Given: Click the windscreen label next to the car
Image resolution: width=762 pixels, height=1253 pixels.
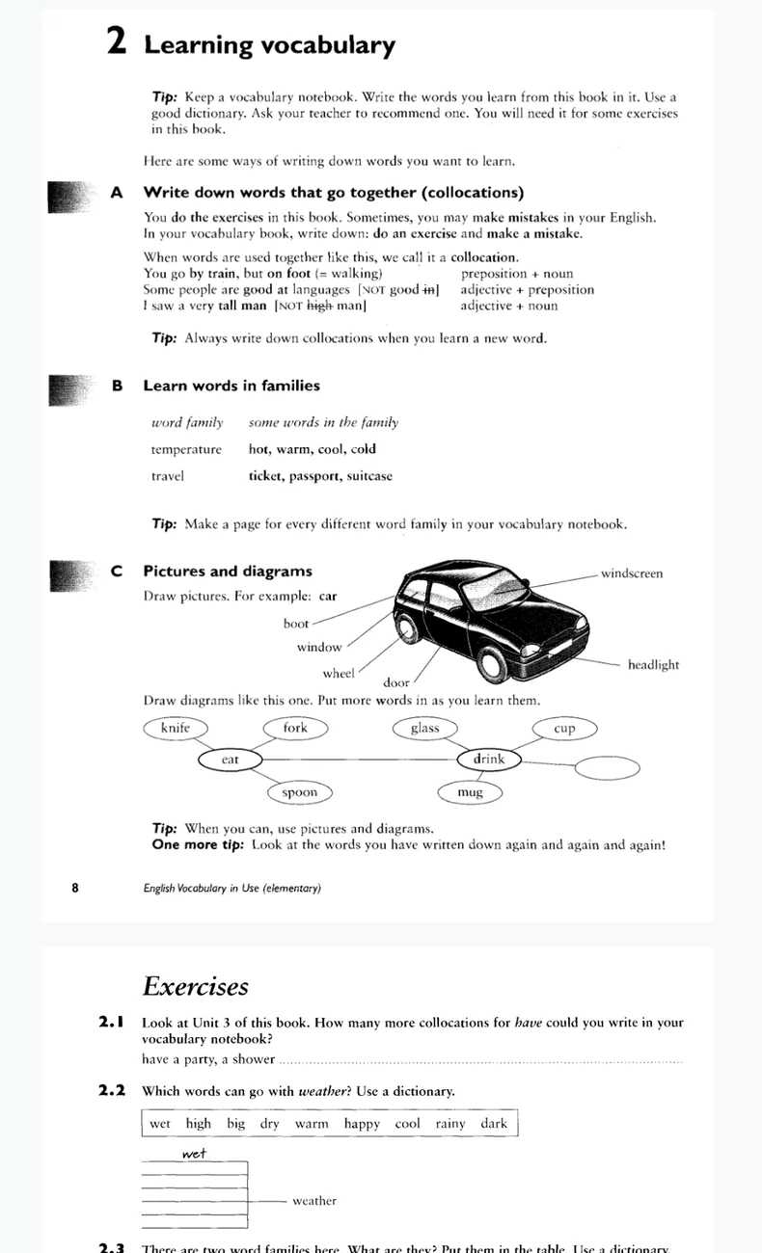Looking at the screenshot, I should tap(632, 573).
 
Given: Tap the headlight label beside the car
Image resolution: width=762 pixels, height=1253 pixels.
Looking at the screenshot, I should tap(653, 664).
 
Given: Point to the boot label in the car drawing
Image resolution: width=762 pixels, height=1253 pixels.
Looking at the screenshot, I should tap(296, 624).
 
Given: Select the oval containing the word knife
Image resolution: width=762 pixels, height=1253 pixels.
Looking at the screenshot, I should tap(176, 728).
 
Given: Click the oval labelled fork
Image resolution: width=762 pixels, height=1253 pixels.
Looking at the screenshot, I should tap(295, 728).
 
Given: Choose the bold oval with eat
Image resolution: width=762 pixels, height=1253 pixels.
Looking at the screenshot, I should tap(230, 760).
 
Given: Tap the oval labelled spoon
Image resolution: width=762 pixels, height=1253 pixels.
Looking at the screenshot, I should tap(299, 792).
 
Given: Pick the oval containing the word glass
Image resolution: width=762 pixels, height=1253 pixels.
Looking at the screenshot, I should tap(424, 728).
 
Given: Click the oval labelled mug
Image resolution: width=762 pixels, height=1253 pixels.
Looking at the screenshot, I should tap(470, 792).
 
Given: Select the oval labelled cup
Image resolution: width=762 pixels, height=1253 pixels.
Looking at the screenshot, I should tap(564, 729).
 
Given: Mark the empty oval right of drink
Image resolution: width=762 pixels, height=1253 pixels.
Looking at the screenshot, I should tap(607, 767).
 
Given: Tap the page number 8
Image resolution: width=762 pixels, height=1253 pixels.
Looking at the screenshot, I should tap(75, 888).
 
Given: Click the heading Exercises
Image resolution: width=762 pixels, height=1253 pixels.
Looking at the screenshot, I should tap(196, 986).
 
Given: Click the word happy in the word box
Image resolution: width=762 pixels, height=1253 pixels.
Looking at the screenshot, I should tap(362, 1124).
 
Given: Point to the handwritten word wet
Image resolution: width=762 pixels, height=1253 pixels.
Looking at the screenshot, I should tap(194, 1153).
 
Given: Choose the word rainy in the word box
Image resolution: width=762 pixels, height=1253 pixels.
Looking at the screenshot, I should tap(449, 1124).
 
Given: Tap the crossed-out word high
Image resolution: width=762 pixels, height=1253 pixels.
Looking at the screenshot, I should tap(319, 306).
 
